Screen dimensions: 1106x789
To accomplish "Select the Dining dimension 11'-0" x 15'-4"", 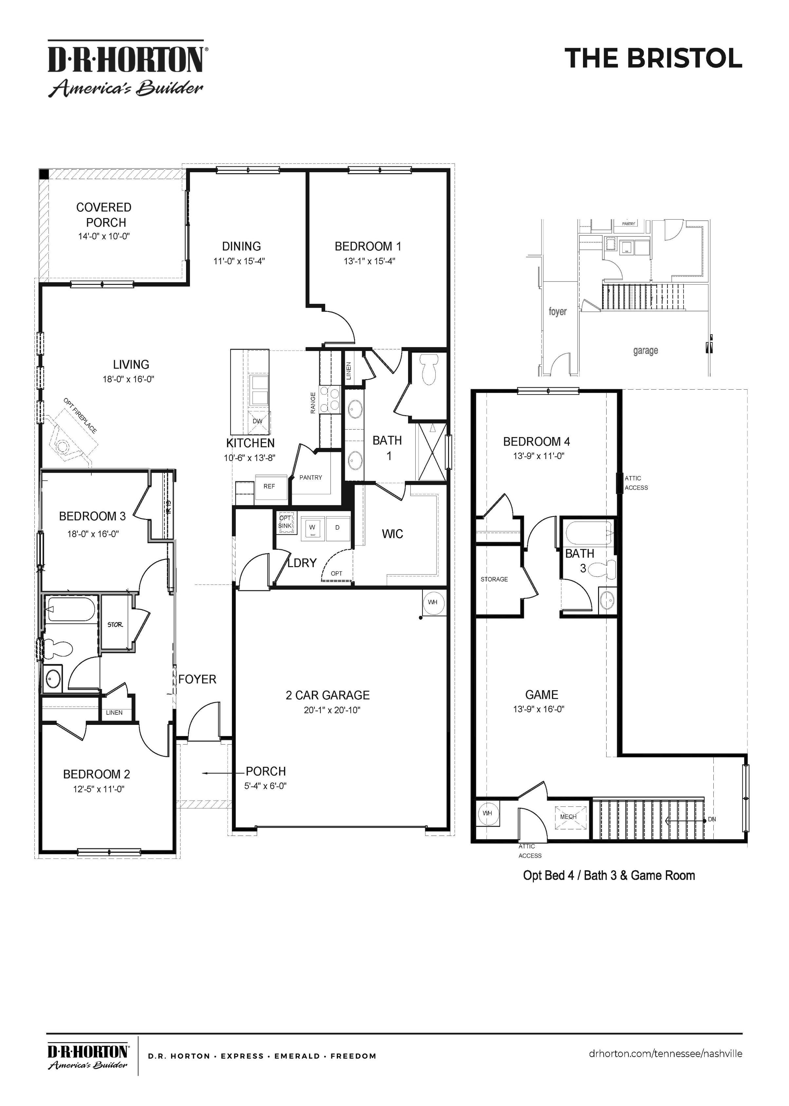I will coord(239,261).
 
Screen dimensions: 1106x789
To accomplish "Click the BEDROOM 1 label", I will coord(368,246).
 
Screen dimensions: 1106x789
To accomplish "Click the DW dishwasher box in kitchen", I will coord(257,421).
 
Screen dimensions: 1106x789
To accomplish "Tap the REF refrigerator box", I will coord(269,486).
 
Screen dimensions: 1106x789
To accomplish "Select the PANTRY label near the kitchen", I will coord(310,477).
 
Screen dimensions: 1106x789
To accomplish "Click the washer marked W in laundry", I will coord(312,527).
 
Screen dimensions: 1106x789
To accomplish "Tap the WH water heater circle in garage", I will coord(432,602).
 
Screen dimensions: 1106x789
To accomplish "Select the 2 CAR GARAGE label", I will coord(328,695).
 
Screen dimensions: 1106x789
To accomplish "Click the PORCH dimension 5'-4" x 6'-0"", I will coord(265,786).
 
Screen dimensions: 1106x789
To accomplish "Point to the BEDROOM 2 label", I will coord(97,774).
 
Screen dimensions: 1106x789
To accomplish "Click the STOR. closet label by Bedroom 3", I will coord(115,625).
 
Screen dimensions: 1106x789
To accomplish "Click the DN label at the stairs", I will coord(712,819).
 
